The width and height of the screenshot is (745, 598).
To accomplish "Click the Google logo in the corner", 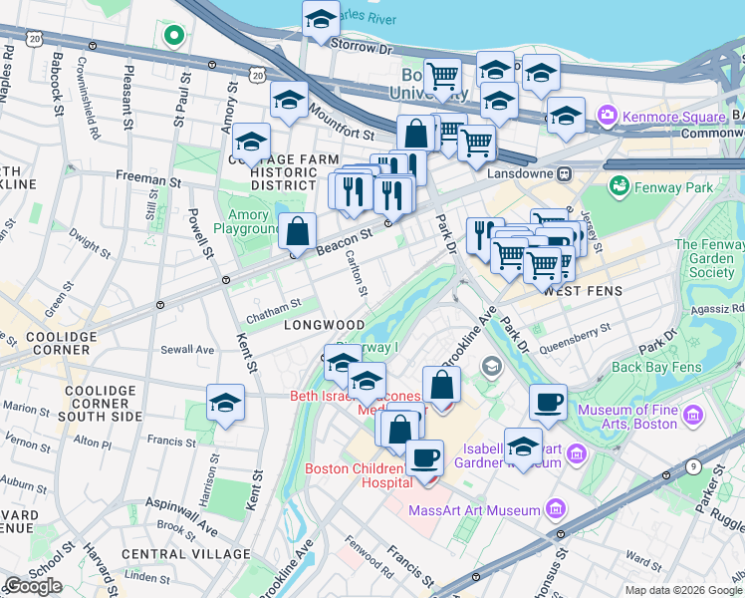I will [33, 586].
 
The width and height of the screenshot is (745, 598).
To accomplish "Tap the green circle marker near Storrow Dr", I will [173, 36].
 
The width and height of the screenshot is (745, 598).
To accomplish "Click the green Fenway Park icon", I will [621, 185].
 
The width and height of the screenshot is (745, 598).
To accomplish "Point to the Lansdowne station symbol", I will [565, 173].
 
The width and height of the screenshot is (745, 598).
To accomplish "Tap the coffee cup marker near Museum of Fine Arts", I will [548, 403].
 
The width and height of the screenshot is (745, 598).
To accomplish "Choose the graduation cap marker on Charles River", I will [321, 19].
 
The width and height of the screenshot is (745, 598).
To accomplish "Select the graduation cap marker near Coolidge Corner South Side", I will [225, 404].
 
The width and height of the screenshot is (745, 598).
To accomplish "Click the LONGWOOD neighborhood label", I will [324, 325].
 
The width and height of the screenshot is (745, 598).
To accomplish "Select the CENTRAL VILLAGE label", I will [186, 553].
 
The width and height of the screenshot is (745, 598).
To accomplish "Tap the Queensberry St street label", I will [575, 338].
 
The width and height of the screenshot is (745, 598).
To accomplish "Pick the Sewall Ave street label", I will [189, 350].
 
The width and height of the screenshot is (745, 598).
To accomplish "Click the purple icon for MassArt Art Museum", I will [556, 510].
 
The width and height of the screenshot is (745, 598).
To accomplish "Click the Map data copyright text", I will [682, 590].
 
